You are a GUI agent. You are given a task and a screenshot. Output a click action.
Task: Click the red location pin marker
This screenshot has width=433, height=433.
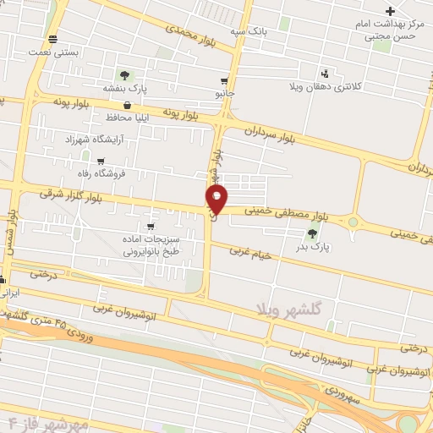(x=216, y=198)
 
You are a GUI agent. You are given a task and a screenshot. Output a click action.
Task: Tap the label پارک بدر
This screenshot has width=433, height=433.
(x=312, y=247)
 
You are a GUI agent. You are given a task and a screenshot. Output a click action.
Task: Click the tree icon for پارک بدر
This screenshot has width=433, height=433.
(x=313, y=233)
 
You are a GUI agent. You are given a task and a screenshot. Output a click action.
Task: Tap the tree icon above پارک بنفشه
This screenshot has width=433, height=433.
(x=126, y=75)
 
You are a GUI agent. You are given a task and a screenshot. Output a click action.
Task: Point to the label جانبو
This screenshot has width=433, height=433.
(x=224, y=94)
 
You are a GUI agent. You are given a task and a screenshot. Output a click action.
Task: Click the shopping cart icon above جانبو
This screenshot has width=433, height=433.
(x=224, y=82)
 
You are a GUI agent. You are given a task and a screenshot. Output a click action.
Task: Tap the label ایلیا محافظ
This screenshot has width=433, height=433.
(x=127, y=118)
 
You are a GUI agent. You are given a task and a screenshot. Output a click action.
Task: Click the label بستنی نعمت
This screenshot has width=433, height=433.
(x=54, y=52)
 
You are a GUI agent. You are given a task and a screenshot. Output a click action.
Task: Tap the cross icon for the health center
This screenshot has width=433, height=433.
(x=390, y=11)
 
